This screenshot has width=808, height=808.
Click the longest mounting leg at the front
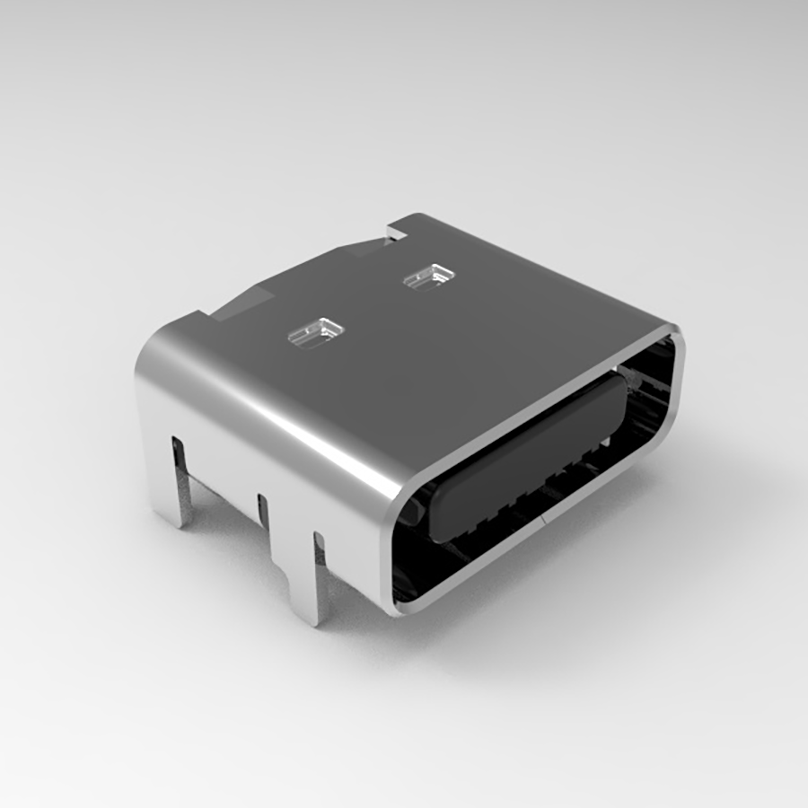[x=314, y=584]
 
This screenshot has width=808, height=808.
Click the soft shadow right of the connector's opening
[x=700, y=503]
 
